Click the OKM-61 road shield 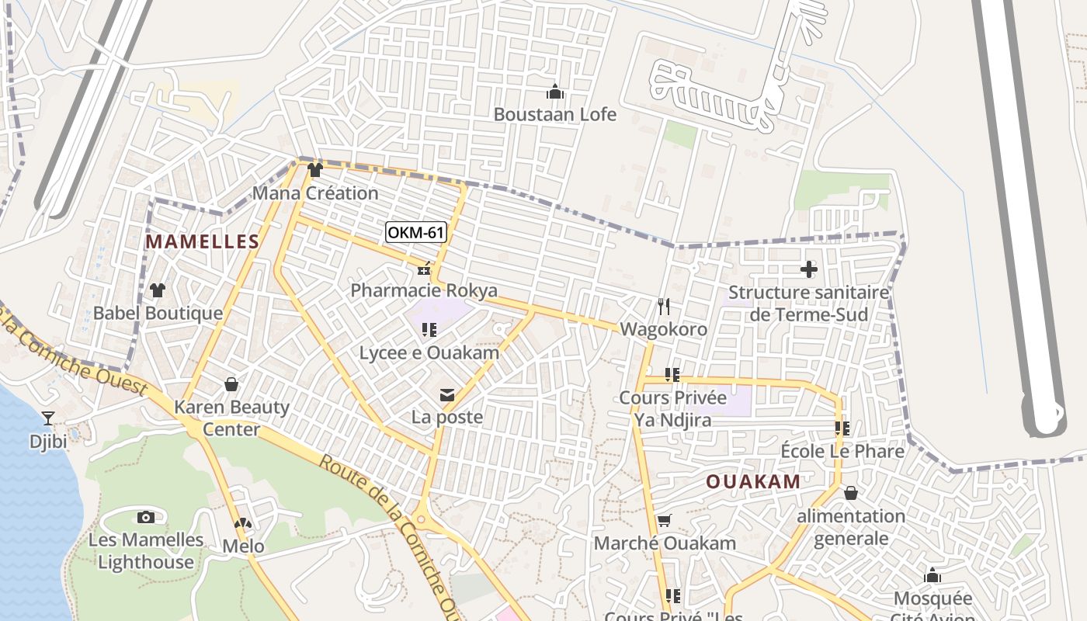coord(416,232)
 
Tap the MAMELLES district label coord(202,241)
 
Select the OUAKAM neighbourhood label coord(752,481)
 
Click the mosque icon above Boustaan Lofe coord(555,92)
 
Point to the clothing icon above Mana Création coord(314,170)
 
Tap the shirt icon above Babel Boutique coord(158,290)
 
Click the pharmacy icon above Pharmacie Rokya coord(424,269)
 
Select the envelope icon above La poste coord(447,395)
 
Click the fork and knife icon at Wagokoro coord(663,307)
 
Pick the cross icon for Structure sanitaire coord(809,269)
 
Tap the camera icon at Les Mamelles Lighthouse coord(145,517)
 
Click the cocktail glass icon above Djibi coord(48,418)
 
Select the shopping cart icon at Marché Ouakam coord(664,520)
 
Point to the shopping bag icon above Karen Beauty coord(231,384)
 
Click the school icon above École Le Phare coord(842,428)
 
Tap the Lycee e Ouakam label coord(429,352)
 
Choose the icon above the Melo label coord(243,524)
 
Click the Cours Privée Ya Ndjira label coord(672,409)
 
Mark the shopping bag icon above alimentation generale coord(851,493)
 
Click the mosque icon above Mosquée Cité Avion coord(932,576)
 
